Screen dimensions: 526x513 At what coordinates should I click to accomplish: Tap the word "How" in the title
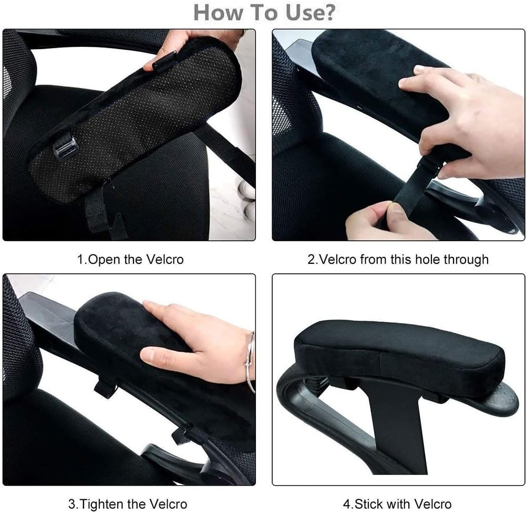(219, 13)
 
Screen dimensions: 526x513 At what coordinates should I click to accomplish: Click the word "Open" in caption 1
(105, 259)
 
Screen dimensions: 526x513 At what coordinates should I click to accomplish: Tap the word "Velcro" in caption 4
(433, 504)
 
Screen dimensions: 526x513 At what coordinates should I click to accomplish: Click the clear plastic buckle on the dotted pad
(65, 147)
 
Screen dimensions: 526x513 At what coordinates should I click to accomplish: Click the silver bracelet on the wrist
(250, 362)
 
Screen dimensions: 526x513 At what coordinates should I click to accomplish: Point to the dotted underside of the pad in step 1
(134, 124)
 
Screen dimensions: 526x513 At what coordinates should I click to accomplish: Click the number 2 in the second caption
(311, 259)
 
